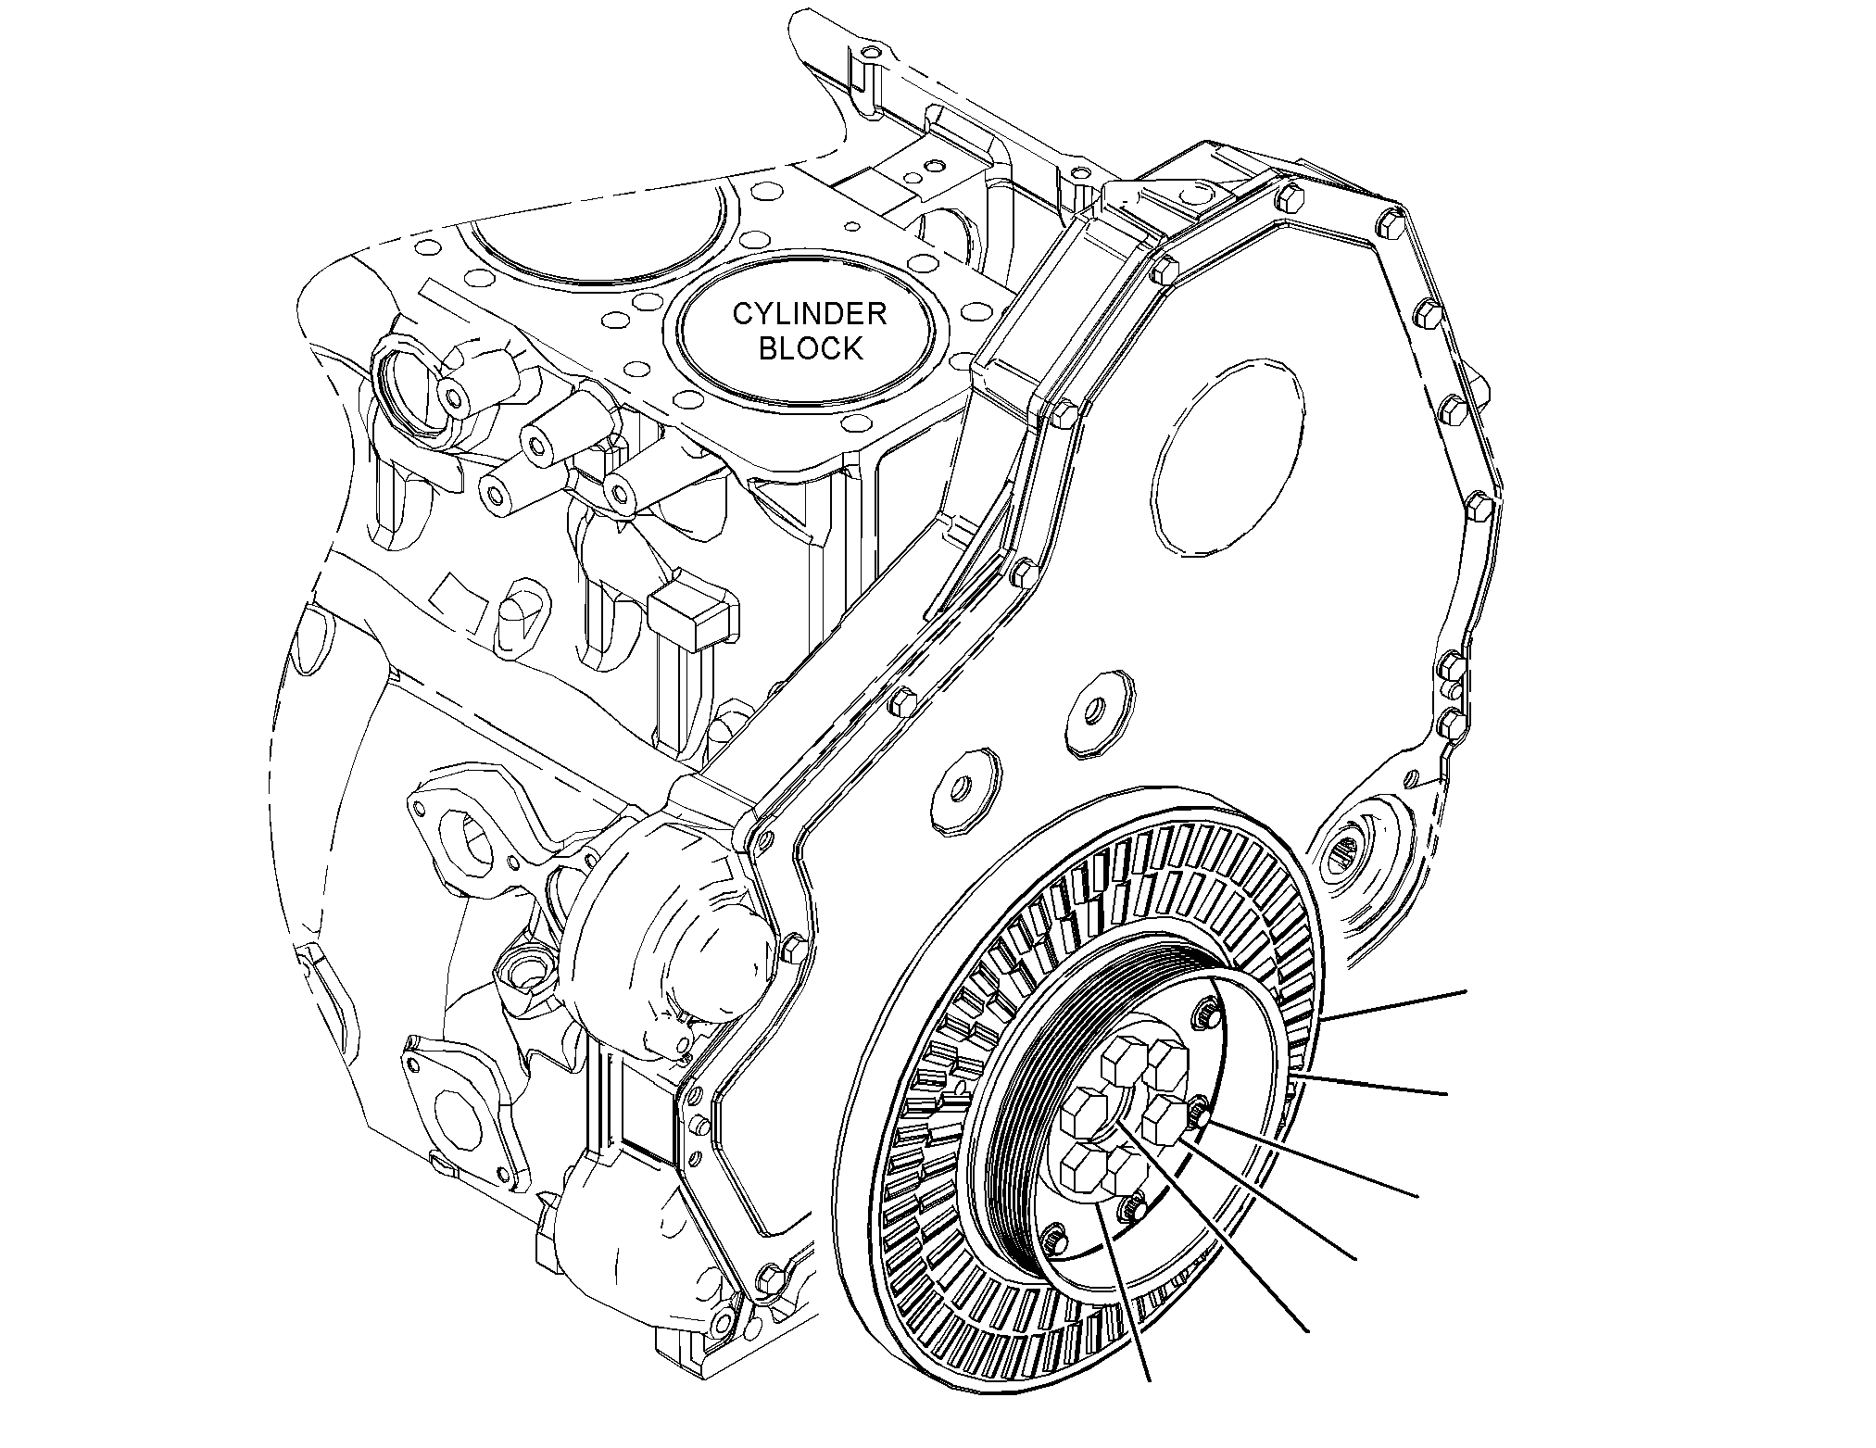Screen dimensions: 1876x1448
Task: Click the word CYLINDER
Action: pyautogui.click(x=810, y=314)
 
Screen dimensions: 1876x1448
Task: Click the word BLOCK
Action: pyautogui.click(x=811, y=348)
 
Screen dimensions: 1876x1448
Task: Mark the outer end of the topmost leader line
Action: pyautogui.click(x=1467, y=991)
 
